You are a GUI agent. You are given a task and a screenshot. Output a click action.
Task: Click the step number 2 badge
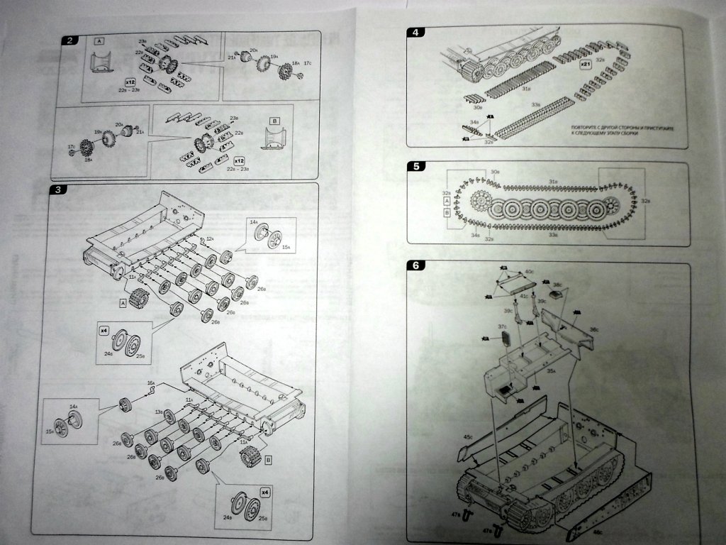tap(69, 40)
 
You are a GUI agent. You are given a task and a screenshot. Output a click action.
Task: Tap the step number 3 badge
tap(61, 190)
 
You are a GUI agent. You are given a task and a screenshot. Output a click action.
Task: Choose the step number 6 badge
tap(416, 265)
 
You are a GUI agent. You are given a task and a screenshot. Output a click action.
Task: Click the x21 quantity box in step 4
tap(586, 65)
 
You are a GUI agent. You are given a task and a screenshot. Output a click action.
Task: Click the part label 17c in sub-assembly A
tap(307, 65)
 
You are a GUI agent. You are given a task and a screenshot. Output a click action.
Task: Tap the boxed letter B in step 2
tap(275, 121)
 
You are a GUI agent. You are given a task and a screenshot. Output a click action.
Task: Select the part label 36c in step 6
tap(594, 329)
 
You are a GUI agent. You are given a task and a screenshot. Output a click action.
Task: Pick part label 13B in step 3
tap(160, 412)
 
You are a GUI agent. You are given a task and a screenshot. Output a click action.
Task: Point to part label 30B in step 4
tap(477, 108)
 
